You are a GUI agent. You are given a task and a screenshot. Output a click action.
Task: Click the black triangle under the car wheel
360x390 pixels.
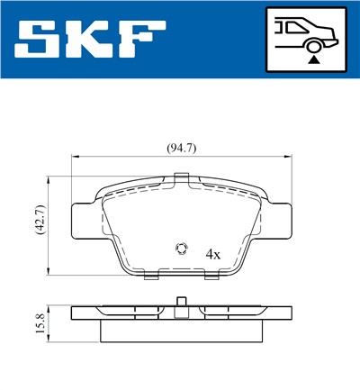[x=312, y=59]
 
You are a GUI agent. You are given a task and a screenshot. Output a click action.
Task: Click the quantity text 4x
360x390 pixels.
[x=213, y=254]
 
